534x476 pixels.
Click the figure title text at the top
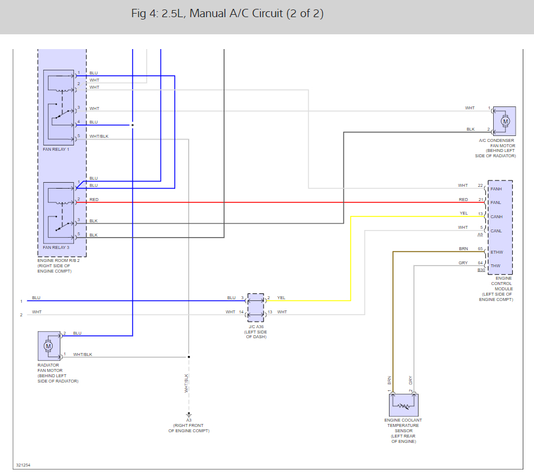click(227, 14)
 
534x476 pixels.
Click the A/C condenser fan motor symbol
click(504, 121)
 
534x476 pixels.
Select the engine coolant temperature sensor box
click(404, 405)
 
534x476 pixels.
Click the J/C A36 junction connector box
click(255, 307)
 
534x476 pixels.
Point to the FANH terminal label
click(496, 189)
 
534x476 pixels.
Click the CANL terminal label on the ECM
click(496, 231)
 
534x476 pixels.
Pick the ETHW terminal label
click(497, 252)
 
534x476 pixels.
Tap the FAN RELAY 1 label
click(56, 150)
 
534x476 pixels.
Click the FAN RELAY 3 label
click(56, 247)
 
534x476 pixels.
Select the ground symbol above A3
click(189, 415)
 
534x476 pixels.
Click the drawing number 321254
click(23, 465)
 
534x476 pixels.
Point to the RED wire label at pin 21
click(463, 200)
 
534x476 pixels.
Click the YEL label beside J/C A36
click(281, 297)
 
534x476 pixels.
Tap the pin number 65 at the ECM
click(480, 249)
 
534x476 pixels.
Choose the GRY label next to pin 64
click(463, 263)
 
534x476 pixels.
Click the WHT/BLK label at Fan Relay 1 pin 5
click(99, 137)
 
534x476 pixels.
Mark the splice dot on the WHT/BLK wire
click(189, 357)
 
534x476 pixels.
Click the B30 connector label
click(481, 270)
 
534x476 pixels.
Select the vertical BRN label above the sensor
click(390, 380)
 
